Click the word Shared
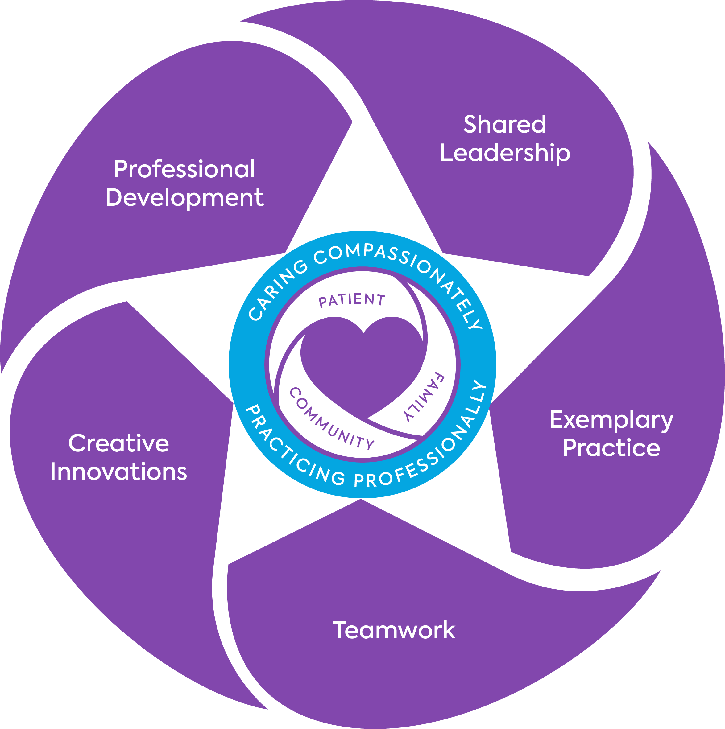pyautogui.click(x=505, y=124)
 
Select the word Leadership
pyautogui.click(x=505, y=154)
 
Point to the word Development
pyautogui.click(x=184, y=198)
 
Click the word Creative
pyautogui.click(x=118, y=443)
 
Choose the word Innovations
pyautogui.click(x=118, y=472)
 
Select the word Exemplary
pyautogui.click(x=611, y=420)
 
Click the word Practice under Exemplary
pyautogui.click(x=611, y=448)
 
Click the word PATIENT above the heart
pyautogui.click(x=352, y=300)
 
